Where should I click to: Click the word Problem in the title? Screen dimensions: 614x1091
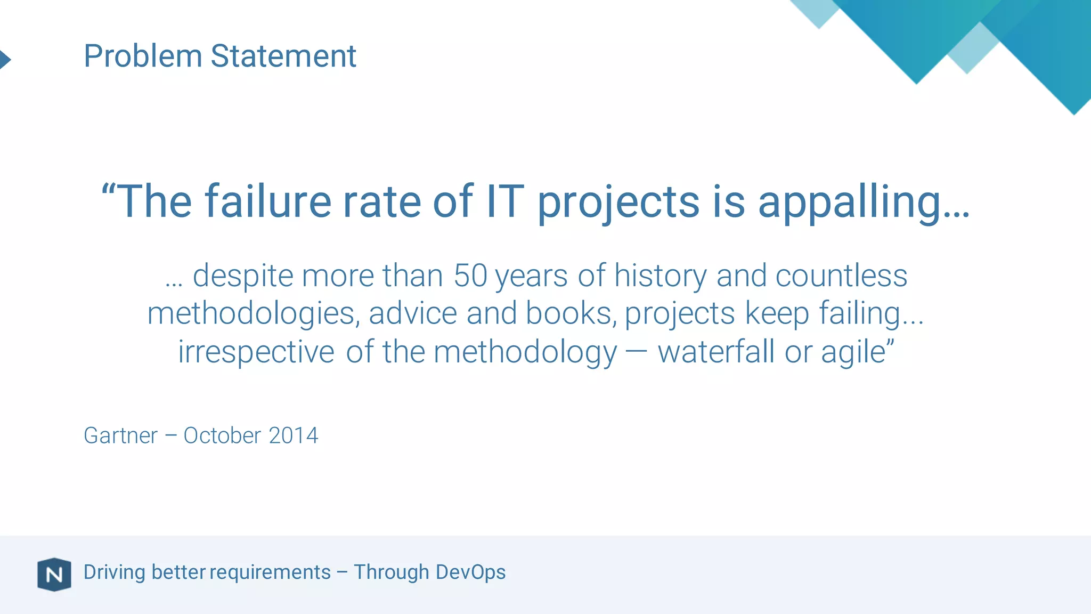(x=143, y=56)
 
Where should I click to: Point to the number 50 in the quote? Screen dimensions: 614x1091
(x=470, y=276)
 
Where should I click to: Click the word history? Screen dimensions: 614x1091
(x=660, y=277)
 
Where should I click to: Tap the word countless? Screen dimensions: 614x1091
(x=841, y=276)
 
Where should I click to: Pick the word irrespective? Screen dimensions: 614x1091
(x=256, y=352)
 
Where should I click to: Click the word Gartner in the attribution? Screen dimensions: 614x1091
(x=120, y=435)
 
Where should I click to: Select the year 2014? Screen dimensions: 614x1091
(x=294, y=435)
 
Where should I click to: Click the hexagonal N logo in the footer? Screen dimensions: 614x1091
(x=54, y=575)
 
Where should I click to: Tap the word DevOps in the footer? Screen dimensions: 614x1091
(x=470, y=572)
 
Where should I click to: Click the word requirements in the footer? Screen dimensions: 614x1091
(x=270, y=572)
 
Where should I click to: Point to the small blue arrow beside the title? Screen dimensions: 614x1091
(x=5, y=59)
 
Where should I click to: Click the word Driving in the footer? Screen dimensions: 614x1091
(x=115, y=572)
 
